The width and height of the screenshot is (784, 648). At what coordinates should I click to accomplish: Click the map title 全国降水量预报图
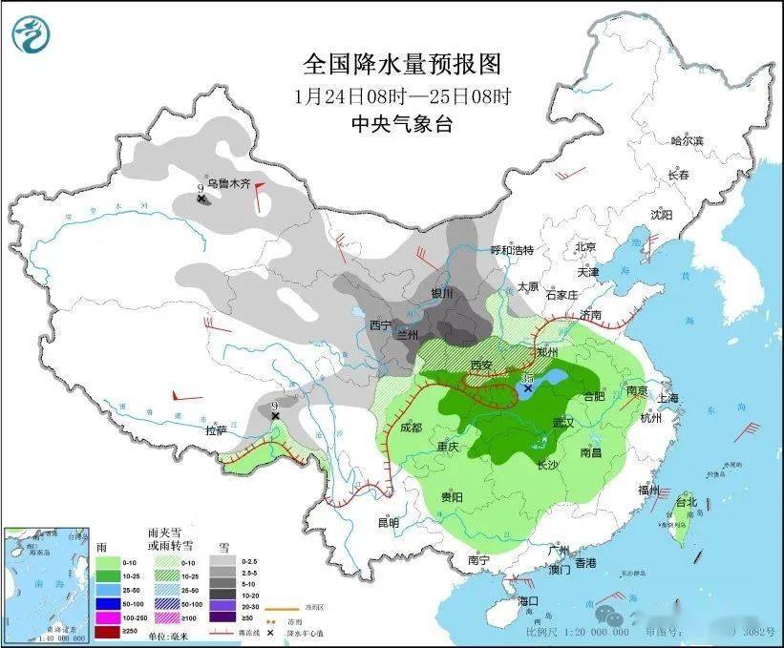[x=401, y=64]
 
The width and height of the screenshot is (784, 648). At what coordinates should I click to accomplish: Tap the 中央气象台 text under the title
[x=401, y=124]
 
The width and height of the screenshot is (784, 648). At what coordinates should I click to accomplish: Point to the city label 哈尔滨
[x=686, y=141]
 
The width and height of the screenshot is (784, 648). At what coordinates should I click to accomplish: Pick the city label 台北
[x=687, y=502]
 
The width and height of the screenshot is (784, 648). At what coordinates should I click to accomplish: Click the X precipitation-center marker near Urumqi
[x=201, y=199]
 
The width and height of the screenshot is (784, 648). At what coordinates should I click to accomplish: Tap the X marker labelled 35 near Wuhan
[x=527, y=388]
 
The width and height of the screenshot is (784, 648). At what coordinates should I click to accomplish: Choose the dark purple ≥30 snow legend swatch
[x=226, y=617]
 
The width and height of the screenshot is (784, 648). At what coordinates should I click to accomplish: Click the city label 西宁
[x=380, y=324]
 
